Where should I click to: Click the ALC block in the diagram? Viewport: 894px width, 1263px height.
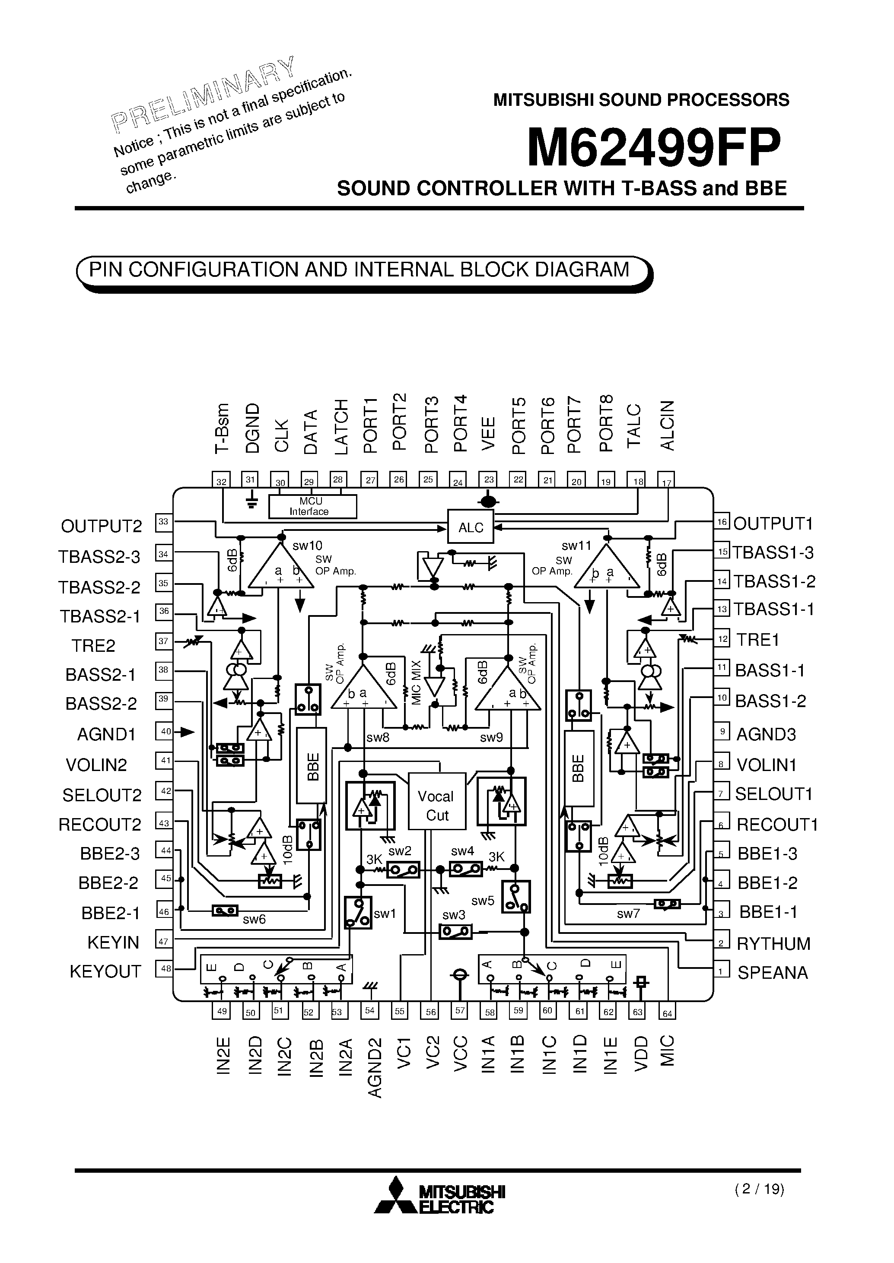[x=470, y=527]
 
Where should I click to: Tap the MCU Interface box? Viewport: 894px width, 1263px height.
[x=312, y=506]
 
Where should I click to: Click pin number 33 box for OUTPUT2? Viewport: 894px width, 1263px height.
[x=163, y=521]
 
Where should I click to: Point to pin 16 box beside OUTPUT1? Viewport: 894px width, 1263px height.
[x=722, y=522]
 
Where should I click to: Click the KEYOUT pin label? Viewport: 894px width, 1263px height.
[x=105, y=972]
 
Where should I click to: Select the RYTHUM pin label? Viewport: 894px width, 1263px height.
[x=773, y=944]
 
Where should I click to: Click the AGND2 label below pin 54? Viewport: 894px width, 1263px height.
[x=374, y=1067]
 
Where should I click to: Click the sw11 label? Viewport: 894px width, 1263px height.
[x=576, y=546]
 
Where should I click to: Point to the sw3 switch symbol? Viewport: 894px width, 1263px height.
[x=455, y=932]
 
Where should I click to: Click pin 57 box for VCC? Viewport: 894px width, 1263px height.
[x=460, y=1010]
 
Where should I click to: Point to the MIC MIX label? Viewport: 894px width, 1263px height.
[x=416, y=682]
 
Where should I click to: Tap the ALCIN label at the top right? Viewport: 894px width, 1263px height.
[x=667, y=425]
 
